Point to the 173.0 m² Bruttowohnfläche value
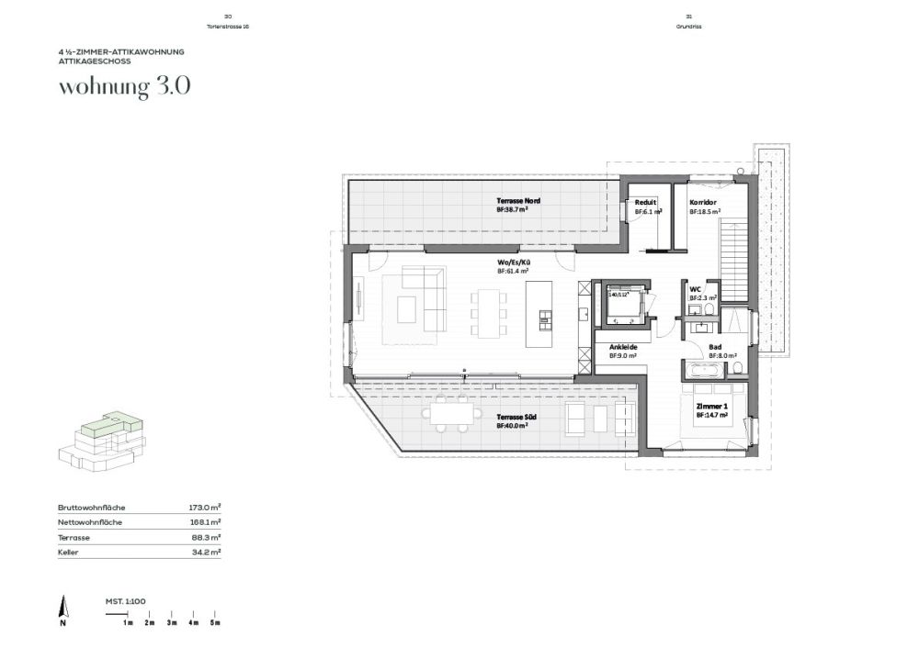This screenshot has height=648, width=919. (x=205, y=508)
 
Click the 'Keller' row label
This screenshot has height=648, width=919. (x=67, y=552)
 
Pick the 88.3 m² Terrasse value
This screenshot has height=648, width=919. (x=206, y=537)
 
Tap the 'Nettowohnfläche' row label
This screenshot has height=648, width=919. (x=90, y=522)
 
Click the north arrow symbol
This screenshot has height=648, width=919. (x=62, y=609)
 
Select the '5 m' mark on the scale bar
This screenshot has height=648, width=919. (x=214, y=622)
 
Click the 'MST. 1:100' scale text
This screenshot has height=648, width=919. (x=125, y=601)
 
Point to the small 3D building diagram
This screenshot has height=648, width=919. (x=101, y=440)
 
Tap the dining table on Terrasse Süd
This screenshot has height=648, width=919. (x=451, y=414)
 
